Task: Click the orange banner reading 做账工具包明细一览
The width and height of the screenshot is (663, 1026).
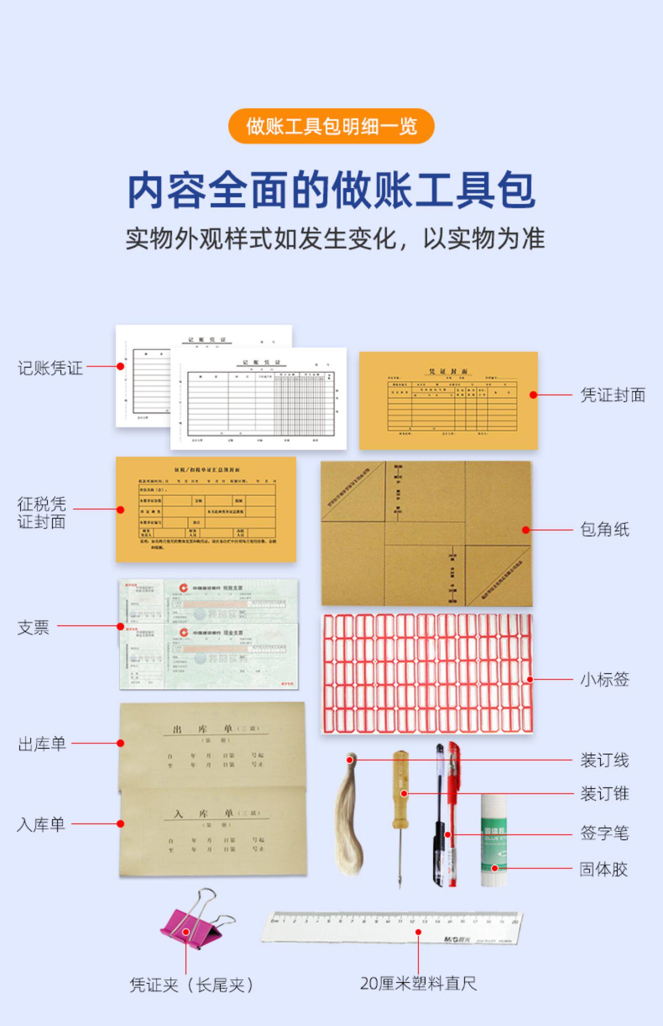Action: (331, 126)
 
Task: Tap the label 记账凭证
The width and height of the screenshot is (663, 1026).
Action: (50, 368)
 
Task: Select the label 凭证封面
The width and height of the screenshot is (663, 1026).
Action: (613, 395)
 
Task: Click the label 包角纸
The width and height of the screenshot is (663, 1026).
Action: (604, 529)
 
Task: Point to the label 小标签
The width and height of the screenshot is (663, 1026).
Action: (604, 679)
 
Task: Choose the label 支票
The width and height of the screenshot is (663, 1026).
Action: (33, 627)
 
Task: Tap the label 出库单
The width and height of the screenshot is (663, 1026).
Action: (42, 744)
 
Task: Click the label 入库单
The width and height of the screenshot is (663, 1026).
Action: (41, 825)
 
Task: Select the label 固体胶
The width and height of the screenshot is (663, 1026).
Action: (603, 869)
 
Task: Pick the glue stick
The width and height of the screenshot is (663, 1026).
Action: (493, 840)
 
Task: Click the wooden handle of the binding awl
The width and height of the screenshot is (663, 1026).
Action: (400, 782)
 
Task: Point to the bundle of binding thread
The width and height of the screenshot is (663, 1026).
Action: (348, 817)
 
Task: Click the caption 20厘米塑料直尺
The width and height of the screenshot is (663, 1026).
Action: (418, 984)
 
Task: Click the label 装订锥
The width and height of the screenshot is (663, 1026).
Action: (604, 794)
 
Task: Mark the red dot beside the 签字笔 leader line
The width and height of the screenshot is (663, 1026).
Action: (448, 835)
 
